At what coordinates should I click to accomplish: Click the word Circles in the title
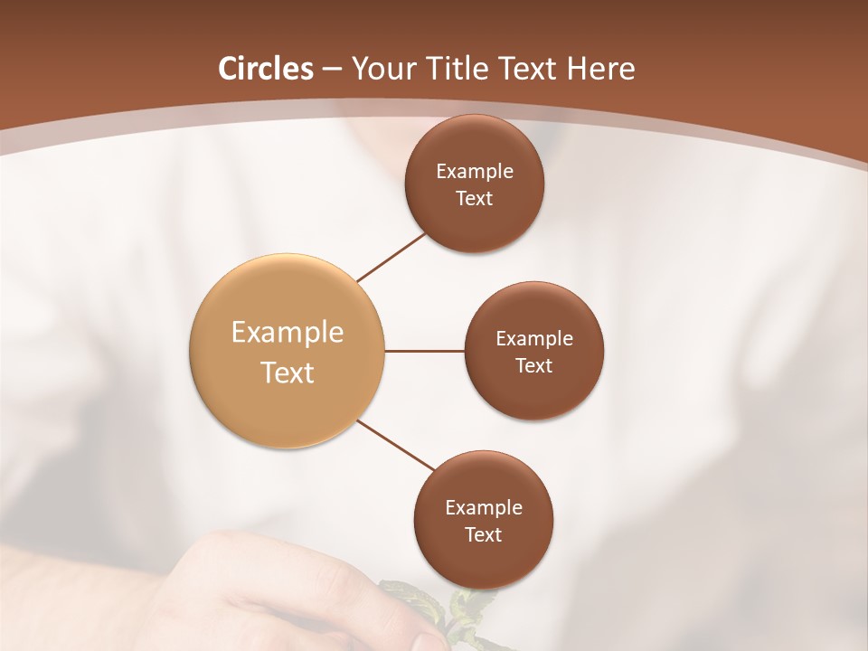pyautogui.click(x=266, y=69)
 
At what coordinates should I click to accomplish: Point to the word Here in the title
pyautogui.click(x=601, y=69)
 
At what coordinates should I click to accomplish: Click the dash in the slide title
pyautogui.click(x=332, y=70)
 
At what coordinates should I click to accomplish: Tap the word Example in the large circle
pyautogui.click(x=288, y=333)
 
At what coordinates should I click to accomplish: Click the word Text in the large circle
pyautogui.click(x=288, y=373)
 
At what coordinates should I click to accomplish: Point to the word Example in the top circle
pyautogui.click(x=475, y=171)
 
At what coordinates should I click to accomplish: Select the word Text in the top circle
pyautogui.click(x=475, y=198)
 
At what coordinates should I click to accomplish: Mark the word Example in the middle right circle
pyautogui.click(x=534, y=338)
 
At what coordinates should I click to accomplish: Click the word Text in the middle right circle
pyautogui.click(x=534, y=365)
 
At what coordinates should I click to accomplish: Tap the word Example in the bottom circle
pyautogui.click(x=484, y=507)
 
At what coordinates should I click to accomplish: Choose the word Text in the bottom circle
pyautogui.click(x=484, y=534)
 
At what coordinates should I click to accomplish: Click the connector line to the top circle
pyautogui.click(x=391, y=257)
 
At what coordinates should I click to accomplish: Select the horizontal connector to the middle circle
pyautogui.click(x=425, y=351)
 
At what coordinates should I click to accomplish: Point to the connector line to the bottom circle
pyautogui.click(x=396, y=445)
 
